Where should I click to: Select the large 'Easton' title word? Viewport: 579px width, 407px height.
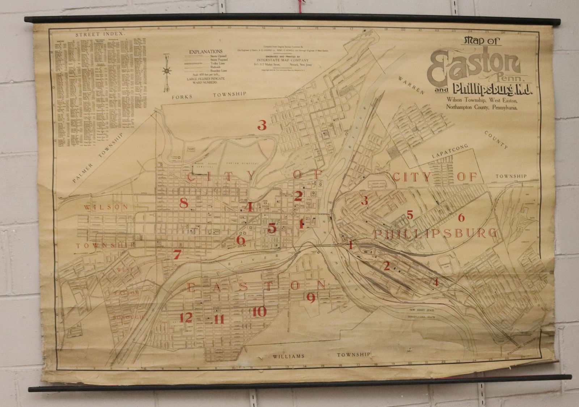tap(474, 67)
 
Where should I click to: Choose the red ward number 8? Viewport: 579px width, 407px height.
tap(184, 203)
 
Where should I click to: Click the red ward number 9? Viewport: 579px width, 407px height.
tap(310, 297)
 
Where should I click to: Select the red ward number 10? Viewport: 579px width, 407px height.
tap(260, 312)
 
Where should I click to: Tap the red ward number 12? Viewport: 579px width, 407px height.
tap(186, 317)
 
